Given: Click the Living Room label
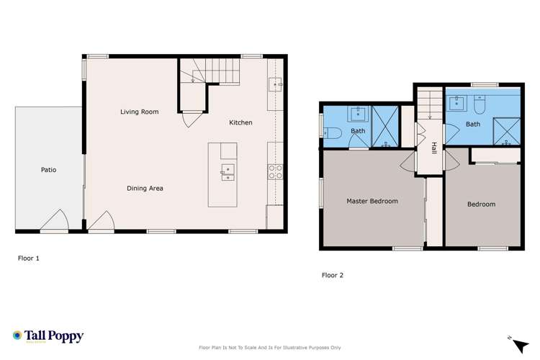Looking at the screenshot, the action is [x=140, y=112].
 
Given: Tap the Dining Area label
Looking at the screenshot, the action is [x=145, y=189].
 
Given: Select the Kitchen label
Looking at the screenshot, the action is [x=240, y=122].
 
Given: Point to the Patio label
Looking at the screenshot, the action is [x=48, y=169].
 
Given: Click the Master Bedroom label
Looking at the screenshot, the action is [x=372, y=201].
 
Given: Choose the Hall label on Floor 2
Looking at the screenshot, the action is [x=433, y=148].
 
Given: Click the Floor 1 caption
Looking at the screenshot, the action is [x=29, y=258].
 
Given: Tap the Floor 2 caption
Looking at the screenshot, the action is [x=333, y=275].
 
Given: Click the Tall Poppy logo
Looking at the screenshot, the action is [x=48, y=336].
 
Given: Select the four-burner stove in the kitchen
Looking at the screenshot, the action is [x=276, y=172].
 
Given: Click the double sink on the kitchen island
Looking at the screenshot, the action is [x=228, y=172].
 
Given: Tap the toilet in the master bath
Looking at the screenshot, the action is [x=333, y=132].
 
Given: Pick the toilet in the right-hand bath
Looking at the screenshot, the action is [x=480, y=104].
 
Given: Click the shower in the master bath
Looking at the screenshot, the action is [x=385, y=127].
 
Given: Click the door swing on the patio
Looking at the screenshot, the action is [x=55, y=220].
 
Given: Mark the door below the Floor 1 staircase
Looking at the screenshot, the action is [x=191, y=119].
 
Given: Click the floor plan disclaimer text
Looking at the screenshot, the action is [x=270, y=348].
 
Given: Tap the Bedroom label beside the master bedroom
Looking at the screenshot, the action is [x=482, y=204].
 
